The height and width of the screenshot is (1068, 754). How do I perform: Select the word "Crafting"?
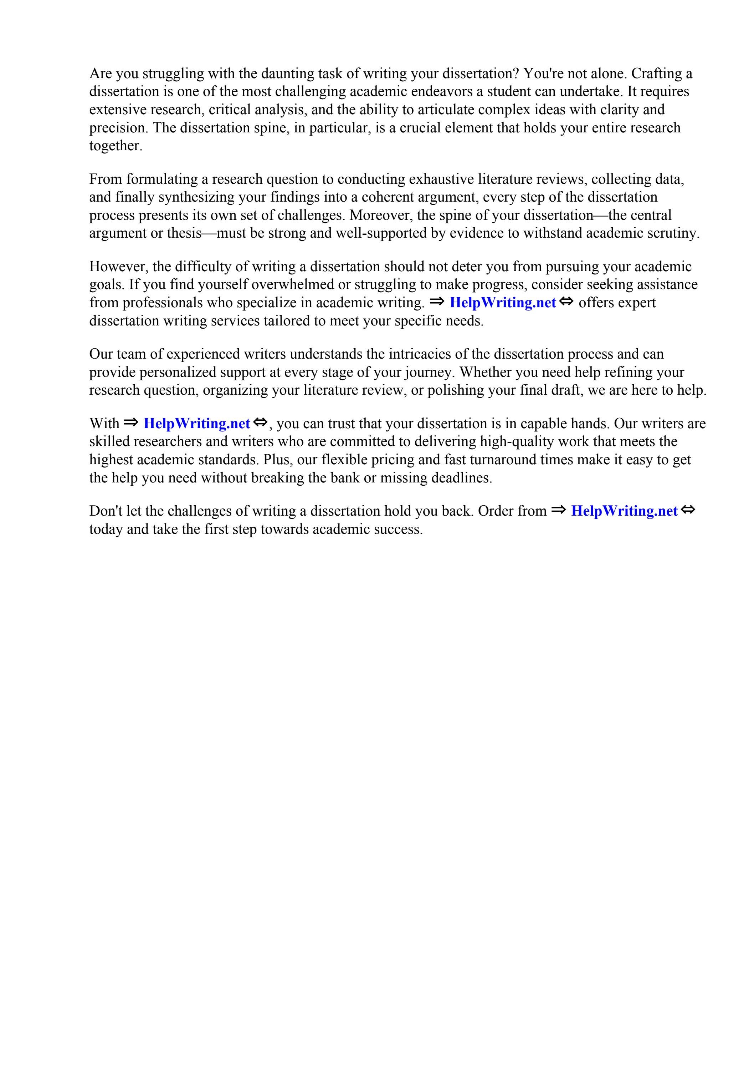[x=656, y=74]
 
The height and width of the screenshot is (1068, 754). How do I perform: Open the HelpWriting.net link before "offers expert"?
[x=503, y=303]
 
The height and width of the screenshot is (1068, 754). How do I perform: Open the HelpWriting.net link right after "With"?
[x=197, y=424]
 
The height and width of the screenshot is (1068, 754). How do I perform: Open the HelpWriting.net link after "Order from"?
[x=624, y=511]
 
